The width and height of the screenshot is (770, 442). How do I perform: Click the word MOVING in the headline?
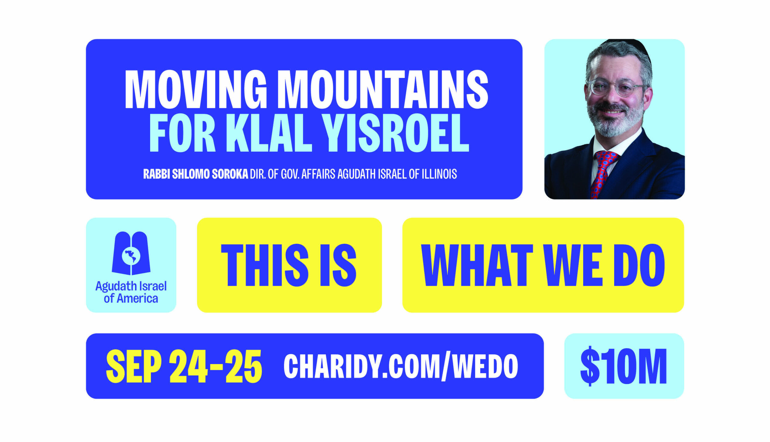(x=196, y=90)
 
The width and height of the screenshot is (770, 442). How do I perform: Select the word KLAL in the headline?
(x=269, y=133)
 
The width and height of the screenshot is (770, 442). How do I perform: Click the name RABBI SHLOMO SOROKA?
(x=196, y=174)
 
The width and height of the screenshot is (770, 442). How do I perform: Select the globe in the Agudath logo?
(x=131, y=256)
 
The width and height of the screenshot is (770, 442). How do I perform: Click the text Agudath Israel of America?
(x=131, y=292)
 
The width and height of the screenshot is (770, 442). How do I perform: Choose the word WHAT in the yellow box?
(x=477, y=265)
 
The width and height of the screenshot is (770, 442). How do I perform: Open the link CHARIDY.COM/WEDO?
(x=401, y=366)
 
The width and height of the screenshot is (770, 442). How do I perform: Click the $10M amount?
(x=624, y=366)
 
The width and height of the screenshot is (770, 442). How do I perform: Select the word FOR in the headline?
(x=182, y=133)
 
